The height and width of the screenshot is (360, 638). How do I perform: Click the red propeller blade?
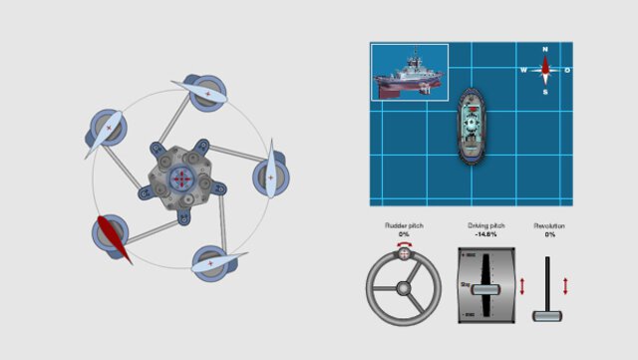pyautogui.click(x=114, y=239)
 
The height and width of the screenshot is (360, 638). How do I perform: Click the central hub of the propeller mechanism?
pyautogui.click(x=181, y=179)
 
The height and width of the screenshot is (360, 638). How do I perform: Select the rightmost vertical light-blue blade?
pyautogui.click(x=270, y=176)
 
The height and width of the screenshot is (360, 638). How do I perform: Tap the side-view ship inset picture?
pyautogui.click(x=411, y=72)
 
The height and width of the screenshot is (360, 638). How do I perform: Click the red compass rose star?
pyautogui.click(x=545, y=70)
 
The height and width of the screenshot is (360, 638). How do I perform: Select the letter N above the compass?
pyautogui.click(x=545, y=50)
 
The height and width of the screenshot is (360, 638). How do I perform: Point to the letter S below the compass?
pyautogui.click(x=545, y=92)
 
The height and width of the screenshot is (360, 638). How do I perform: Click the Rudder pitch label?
pyautogui.click(x=404, y=226)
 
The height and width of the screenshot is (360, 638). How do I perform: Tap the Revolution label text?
pyautogui.click(x=549, y=226)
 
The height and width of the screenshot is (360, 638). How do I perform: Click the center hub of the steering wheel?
pyautogui.click(x=403, y=289)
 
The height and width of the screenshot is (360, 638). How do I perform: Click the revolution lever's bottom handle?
pyautogui.click(x=547, y=315)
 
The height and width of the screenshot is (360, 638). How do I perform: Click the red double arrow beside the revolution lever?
pyautogui.click(x=565, y=285)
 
